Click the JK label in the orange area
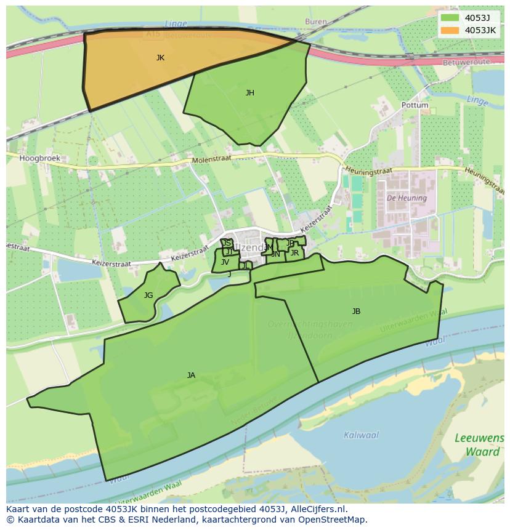[160, 58]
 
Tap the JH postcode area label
[249, 93]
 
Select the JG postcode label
[148, 295]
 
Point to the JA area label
[191, 375]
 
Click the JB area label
[356, 311]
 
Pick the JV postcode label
[225, 262]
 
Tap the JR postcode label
[294, 253]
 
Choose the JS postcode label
[227, 243]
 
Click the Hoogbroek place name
[39, 158]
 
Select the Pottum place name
[415, 105]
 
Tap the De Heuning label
[407, 198]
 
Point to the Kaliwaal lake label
[361, 435]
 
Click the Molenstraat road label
[211, 159]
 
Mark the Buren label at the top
[315, 22]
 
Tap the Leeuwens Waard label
[479, 444]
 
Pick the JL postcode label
[245, 266]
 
